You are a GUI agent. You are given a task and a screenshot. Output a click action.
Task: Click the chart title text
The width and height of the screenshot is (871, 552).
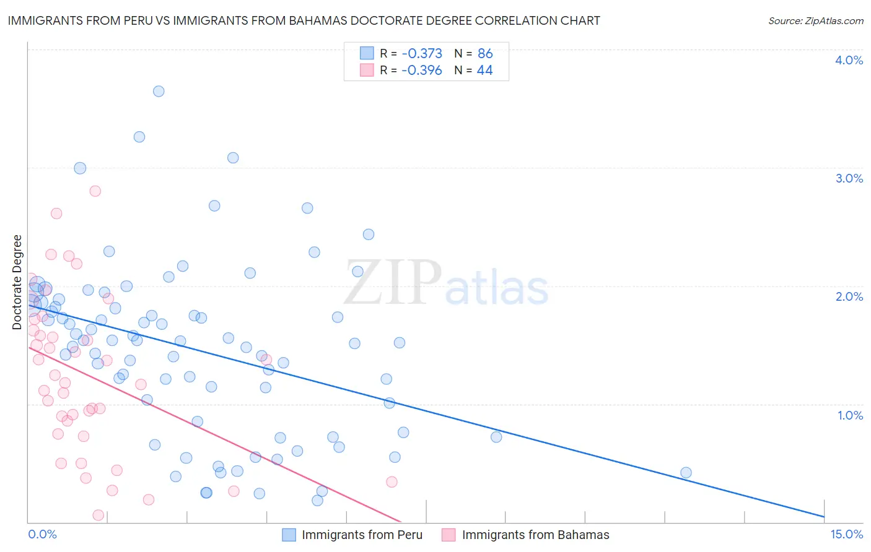click(x=304, y=20)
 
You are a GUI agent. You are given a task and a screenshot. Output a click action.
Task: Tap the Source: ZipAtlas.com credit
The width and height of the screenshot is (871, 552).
click(x=815, y=20)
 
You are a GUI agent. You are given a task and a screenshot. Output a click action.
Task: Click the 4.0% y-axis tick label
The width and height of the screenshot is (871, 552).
click(x=849, y=60)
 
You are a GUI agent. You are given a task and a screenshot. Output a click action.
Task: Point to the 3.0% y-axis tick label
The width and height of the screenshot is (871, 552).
click(x=849, y=178)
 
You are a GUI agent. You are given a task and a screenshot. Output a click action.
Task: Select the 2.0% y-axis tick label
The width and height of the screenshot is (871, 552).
click(x=849, y=296)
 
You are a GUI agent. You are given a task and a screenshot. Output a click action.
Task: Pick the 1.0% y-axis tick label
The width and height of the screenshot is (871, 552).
click(x=850, y=415)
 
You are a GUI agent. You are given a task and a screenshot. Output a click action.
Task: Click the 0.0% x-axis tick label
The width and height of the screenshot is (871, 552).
click(x=42, y=535)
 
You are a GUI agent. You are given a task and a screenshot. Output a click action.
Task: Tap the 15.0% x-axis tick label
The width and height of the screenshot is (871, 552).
click(x=846, y=535)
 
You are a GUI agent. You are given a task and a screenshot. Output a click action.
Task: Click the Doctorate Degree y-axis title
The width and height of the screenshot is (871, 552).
click(x=17, y=282)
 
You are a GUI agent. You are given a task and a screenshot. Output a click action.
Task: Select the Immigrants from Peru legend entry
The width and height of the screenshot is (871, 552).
click(x=362, y=535)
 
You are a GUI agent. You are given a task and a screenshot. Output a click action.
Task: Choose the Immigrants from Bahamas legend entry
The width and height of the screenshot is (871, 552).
click(x=535, y=535)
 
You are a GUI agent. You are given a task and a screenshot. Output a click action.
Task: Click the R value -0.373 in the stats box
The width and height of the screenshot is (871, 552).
click(x=422, y=54)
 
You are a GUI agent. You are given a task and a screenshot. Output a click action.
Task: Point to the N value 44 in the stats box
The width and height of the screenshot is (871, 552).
click(x=484, y=71)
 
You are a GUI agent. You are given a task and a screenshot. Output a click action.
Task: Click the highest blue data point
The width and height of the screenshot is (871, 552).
click(x=159, y=91)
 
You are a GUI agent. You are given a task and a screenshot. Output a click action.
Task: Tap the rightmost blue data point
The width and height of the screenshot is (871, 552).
click(x=686, y=473)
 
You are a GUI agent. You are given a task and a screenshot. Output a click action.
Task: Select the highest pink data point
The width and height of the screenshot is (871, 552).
click(x=95, y=191)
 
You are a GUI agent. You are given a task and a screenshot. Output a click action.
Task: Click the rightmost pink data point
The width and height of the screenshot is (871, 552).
click(x=392, y=481)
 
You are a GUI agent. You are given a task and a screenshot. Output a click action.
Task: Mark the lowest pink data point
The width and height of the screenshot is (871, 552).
click(x=98, y=515)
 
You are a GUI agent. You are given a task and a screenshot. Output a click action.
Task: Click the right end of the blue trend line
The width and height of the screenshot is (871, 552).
click(x=824, y=516)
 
